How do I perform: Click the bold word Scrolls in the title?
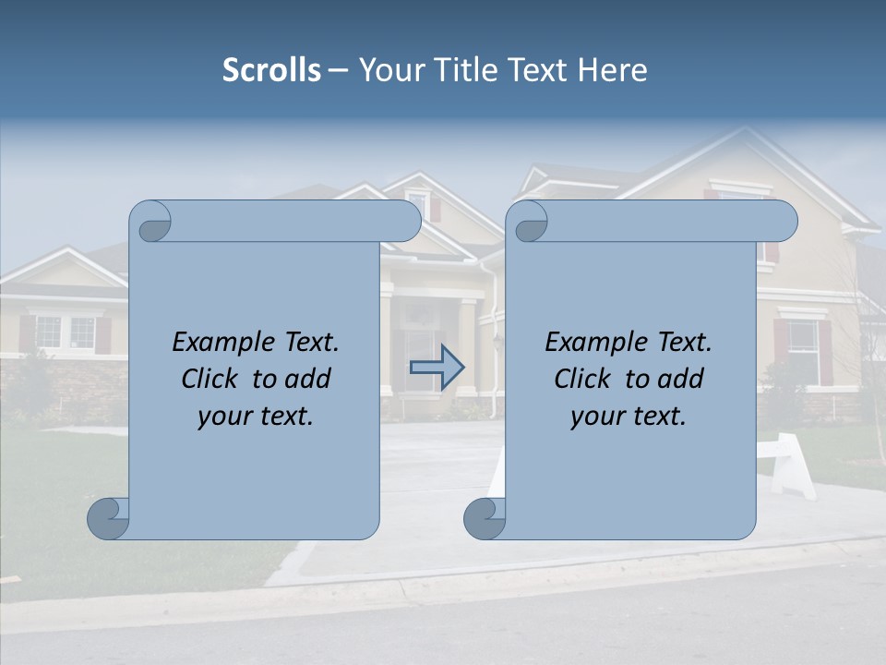pyautogui.click(x=272, y=70)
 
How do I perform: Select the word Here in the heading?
pyautogui.click(x=613, y=70)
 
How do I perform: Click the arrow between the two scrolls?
pyautogui.click(x=437, y=368)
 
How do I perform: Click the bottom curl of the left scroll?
pyautogui.click(x=108, y=517)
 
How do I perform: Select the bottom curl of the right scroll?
pyautogui.click(x=485, y=517)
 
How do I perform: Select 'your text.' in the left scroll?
pyautogui.click(x=256, y=416)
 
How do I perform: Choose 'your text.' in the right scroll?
pyautogui.click(x=629, y=416)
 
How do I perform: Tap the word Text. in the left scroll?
pyautogui.click(x=308, y=343)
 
